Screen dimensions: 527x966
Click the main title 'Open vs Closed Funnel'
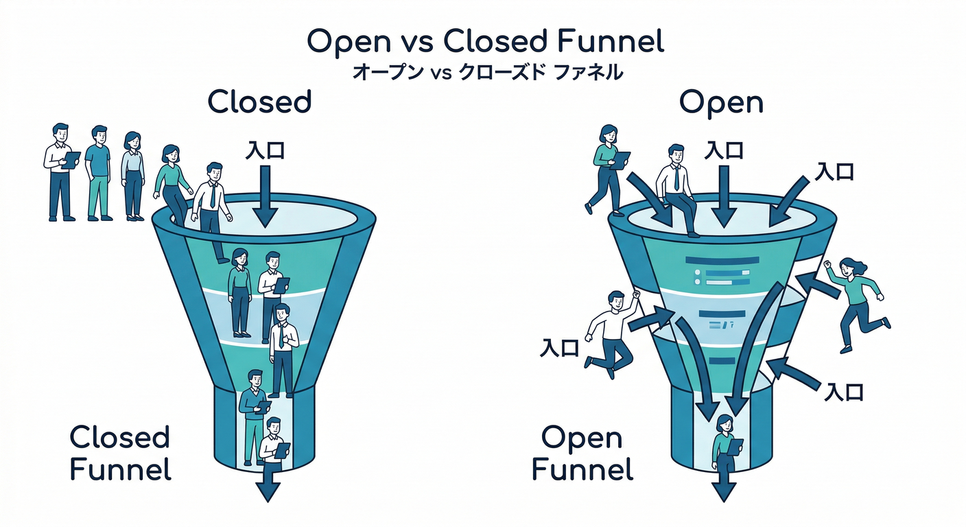(485, 43)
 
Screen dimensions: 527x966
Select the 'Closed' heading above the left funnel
(259, 103)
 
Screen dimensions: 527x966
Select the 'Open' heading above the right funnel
(721, 103)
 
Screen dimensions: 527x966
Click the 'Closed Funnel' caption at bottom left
(120, 453)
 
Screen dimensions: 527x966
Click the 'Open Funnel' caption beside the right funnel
(582, 453)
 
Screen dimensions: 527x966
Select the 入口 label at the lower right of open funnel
(843, 392)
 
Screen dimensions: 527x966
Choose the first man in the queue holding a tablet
(61, 172)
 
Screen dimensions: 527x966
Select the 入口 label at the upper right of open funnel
(834, 171)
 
